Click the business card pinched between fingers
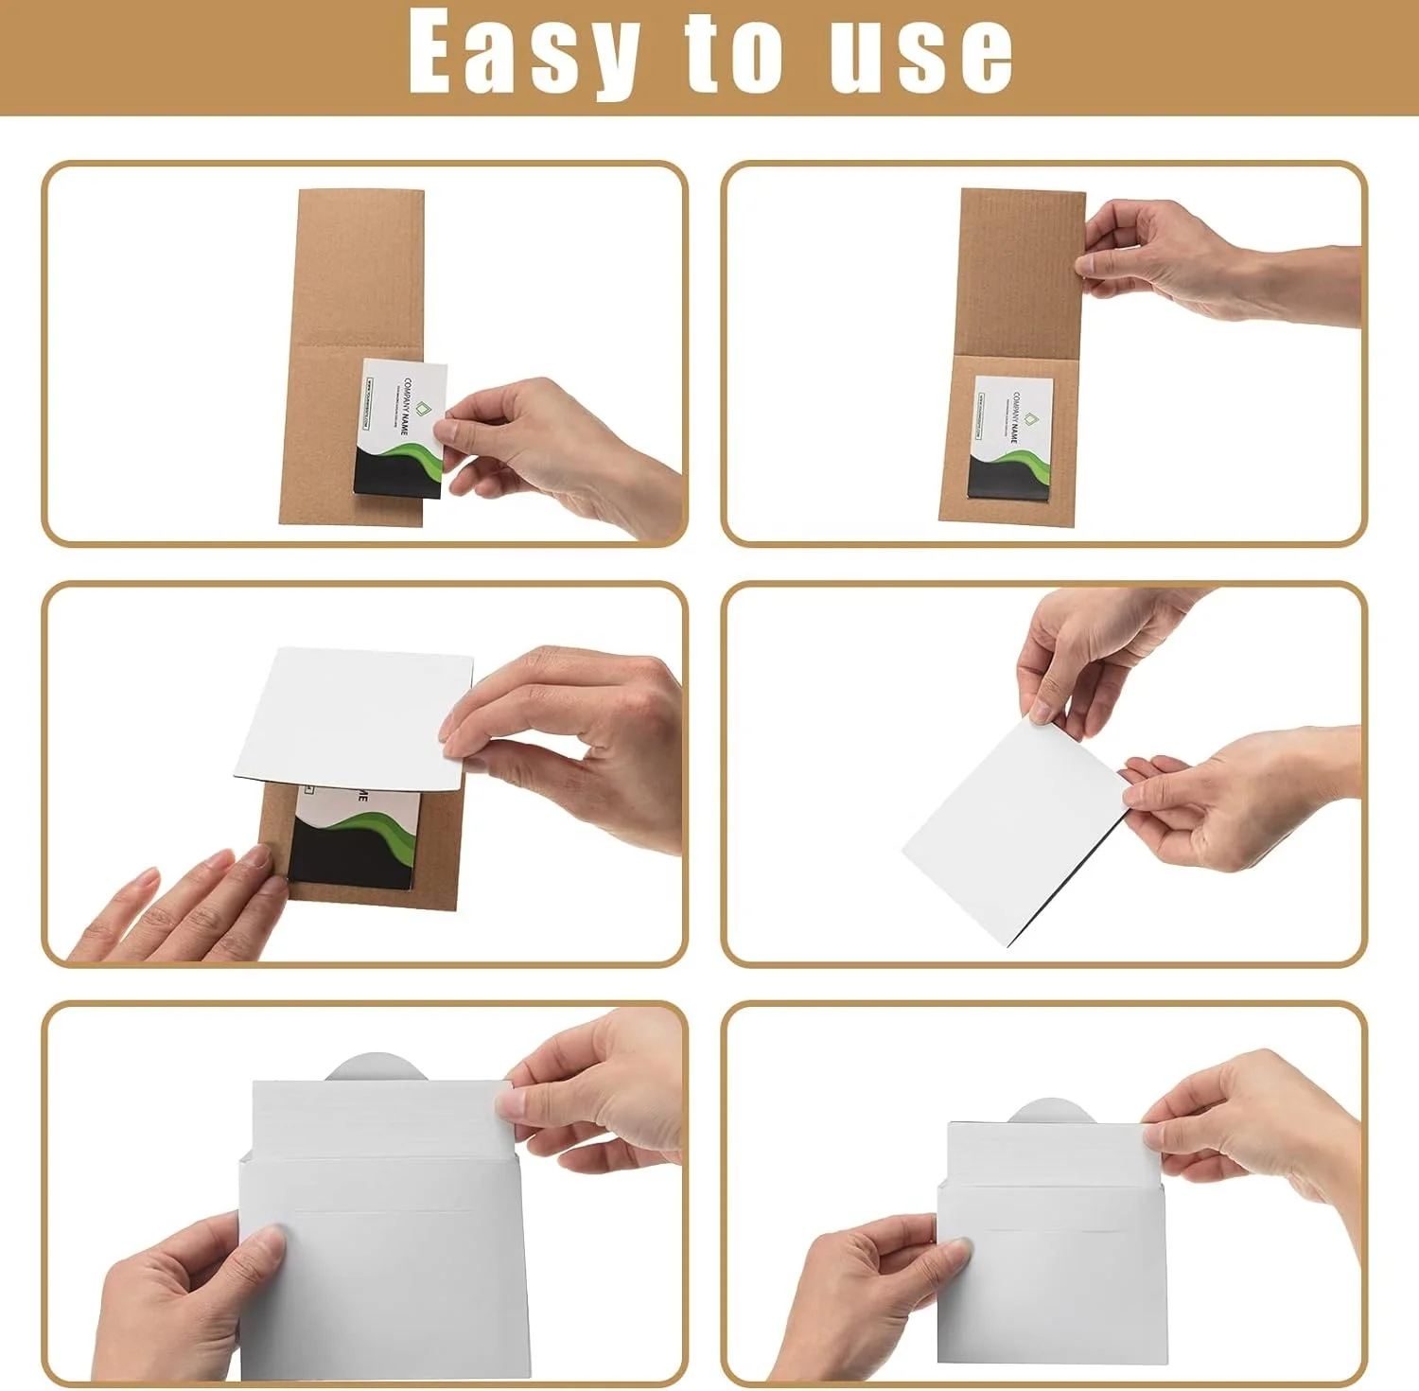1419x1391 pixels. pyautogui.click(x=399, y=429)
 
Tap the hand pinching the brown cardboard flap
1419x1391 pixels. pyautogui.click(x=1182, y=260)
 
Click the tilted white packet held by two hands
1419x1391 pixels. pyautogui.click(x=1012, y=833)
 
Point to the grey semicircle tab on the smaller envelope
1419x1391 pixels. pyautogui.click(x=1051, y=1111)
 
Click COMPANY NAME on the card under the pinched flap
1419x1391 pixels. pyautogui.click(x=1013, y=416)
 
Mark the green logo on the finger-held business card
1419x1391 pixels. pyautogui.click(x=422, y=409)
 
